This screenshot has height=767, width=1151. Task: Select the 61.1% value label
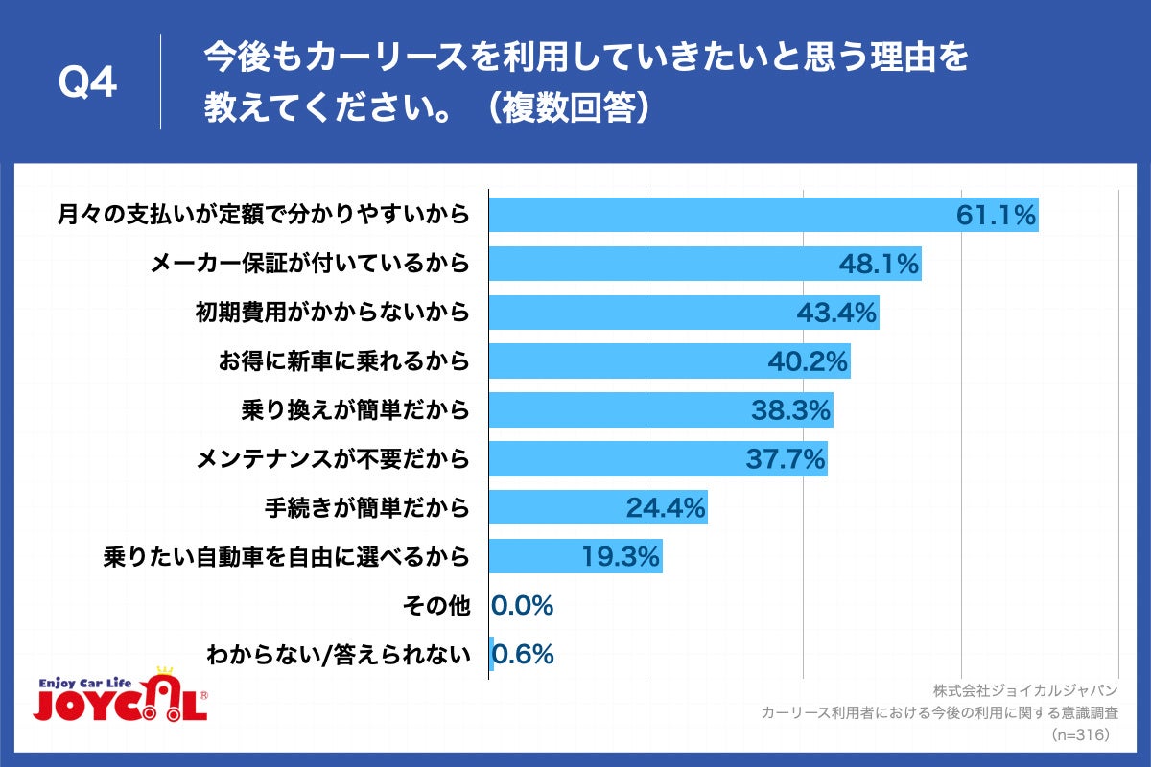coord(997,215)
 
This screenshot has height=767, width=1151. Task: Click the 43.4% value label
coord(837,313)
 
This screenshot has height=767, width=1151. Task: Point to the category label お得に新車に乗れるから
coord(344,361)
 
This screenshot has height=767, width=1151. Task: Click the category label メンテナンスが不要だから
coord(333,459)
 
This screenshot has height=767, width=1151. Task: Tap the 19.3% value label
coord(621,557)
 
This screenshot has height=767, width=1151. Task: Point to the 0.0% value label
coord(523,606)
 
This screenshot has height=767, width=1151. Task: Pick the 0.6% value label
coord(523,655)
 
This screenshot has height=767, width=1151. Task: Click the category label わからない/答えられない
coord(339,655)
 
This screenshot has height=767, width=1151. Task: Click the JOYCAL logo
coord(121,697)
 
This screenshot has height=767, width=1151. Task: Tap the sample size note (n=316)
coord(1081,734)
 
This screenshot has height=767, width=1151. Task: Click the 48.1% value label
coord(881,264)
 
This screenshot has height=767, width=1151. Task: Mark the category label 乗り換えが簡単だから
coord(356,411)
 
